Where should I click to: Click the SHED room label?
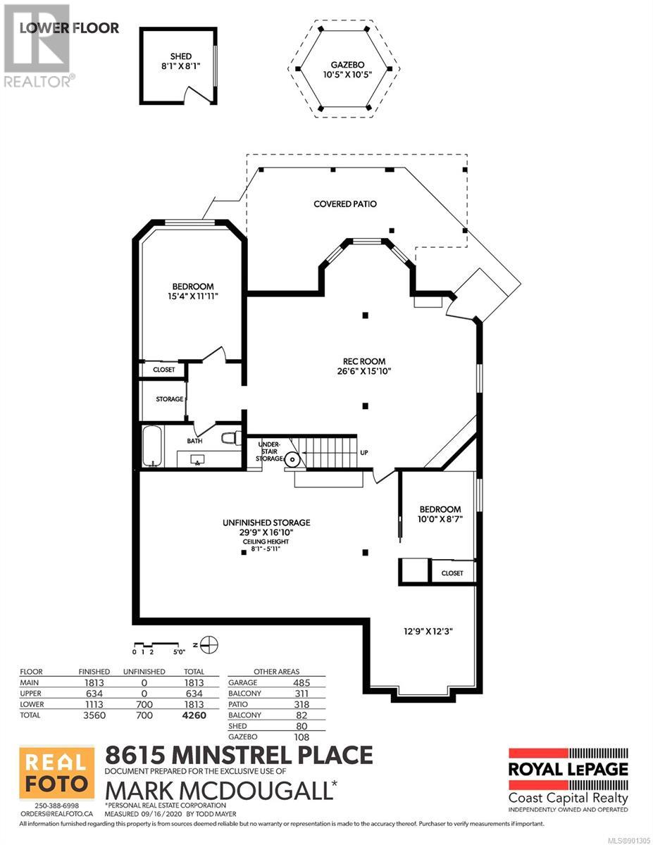pyautogui.click(x=180, y=57)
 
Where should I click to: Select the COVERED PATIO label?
pyautogui.click(x=345, y=204)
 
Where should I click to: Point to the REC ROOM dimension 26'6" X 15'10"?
pyautogui.click(x=363, y=371)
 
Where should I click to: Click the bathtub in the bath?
pyautogui.click(x=152, y=446)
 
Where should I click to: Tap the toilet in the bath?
pyautogui.click(x=231, y=438)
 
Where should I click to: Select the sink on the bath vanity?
pyautogui.click(x=197, y=460)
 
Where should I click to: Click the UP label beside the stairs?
pyautogui.click(x=363, y=453)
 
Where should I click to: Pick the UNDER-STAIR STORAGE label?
pyautogui.click(x=269, y=451)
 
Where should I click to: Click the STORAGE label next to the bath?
pyautogui.click(x=169, y=399)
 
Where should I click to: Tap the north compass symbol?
pyautogui.click(x=211, y=645)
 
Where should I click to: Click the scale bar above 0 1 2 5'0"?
pyautogui.click(x=156, y=644)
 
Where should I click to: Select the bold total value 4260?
pyautogui.click(x=194, y=715)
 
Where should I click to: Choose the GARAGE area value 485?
pyautogui.click(x=301, y=683)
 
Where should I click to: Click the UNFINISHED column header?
pyautogui.click(x=144, y=672)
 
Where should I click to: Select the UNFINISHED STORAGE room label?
pyautogui.click(x=266, y=522)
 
